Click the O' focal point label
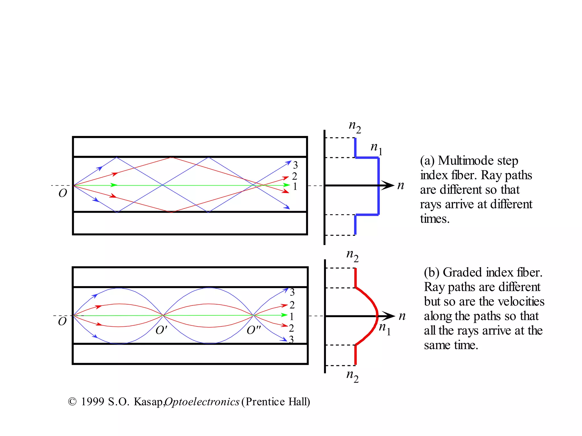[161, 330]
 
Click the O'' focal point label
[253, 330]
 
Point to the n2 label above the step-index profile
[355, 127]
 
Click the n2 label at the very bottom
[352, 376]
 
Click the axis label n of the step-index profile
[401, 186]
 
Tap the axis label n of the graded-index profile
[402, 316]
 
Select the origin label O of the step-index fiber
[63, 193]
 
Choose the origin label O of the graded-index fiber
[62, 322]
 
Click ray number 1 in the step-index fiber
[295, 186]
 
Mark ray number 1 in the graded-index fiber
[292, 316]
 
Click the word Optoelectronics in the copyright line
[202, 402]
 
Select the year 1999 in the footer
[93, 402]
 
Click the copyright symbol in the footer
[72, 402]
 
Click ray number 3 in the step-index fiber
[296, 165]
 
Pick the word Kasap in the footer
[148, 402]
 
